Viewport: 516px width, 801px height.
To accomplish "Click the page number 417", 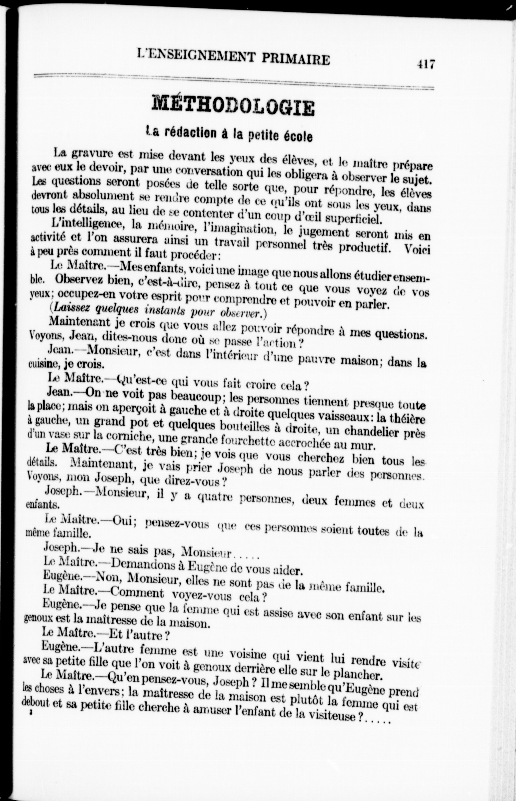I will pyautogui.click(x=426, y=64).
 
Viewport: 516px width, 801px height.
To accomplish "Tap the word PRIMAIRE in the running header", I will pyautogui.click(x=296, y=59).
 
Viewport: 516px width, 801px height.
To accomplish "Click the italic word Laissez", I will pyautogui.click(x=72, y=308).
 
